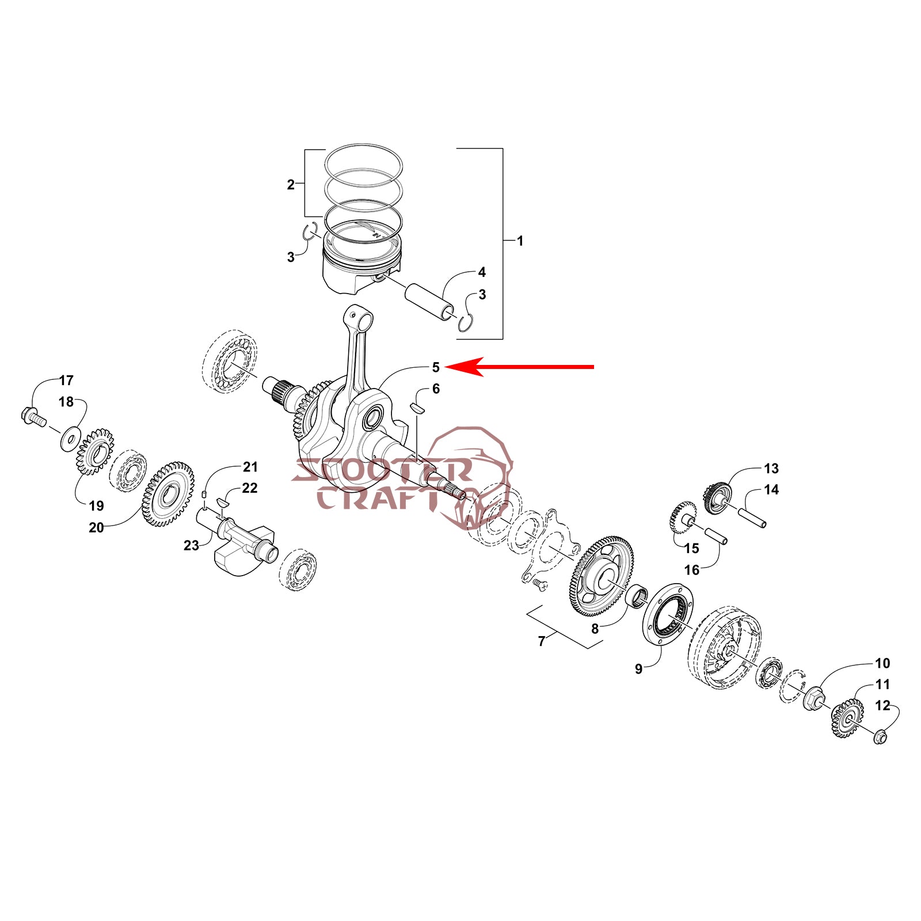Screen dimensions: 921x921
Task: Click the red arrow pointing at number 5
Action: tap(520, 366)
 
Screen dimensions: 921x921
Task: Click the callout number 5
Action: tap(436, 367)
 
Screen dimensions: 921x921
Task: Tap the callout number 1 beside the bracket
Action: tap(520, 241)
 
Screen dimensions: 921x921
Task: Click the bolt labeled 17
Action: tap(34, 417)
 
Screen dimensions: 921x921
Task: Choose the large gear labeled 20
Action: tap(168, 493)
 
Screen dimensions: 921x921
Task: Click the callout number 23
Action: tap(191, 545)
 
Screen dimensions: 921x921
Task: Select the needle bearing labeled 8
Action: tap(637, 596)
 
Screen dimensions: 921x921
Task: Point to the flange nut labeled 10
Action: tap(814, 699)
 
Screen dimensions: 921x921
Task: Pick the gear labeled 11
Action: tap(847, 718)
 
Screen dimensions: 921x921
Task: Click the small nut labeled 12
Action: tap(880, 736)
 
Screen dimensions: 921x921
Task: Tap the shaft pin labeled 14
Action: tap(752, 517)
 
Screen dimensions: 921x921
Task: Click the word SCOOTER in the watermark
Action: tap(382, 470)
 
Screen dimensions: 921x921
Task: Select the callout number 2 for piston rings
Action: tap(291, 185)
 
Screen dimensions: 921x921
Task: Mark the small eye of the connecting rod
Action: tap(352, 317)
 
